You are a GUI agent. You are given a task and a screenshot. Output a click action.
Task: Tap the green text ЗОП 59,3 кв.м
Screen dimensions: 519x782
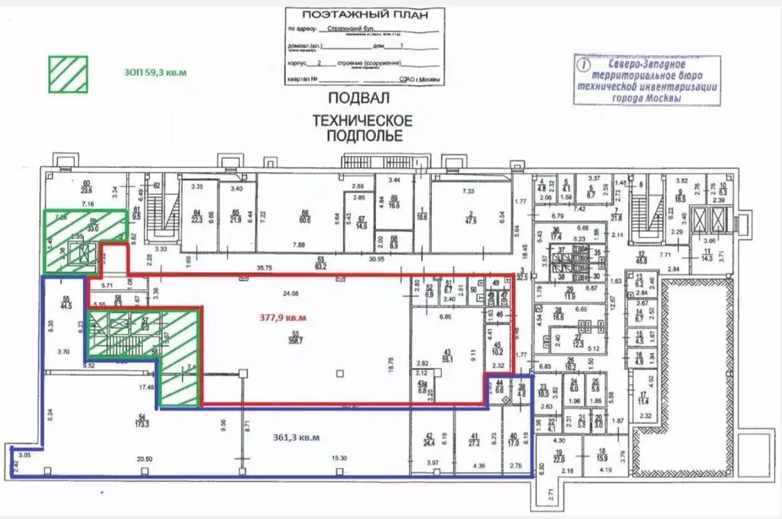pyautogui.click(x=155, y=73)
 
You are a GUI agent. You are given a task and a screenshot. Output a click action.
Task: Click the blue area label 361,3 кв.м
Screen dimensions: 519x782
pyautogui.click(x=295, y=437)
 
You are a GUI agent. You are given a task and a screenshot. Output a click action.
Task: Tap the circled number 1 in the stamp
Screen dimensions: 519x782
pyautogui.click(x=586, y=66)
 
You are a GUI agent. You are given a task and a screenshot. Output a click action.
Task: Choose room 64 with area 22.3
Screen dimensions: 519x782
pyautogui.click(x=196, y=216)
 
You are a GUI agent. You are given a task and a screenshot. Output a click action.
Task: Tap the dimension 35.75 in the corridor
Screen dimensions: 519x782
pyautogui.click(x=265, y=268)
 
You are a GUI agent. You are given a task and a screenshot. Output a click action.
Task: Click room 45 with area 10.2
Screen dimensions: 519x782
pyautogui.click(x=498, y=349)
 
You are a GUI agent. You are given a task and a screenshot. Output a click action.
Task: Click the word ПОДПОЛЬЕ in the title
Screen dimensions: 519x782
pyautogui.click(x=360, y=136)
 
